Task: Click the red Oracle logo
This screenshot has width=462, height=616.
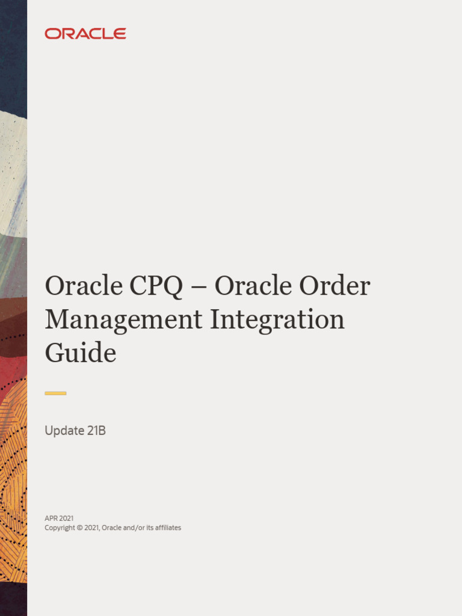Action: pos(85,34)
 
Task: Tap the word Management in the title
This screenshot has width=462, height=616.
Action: pos(123,319)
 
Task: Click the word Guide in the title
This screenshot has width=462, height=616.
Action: pos(80,353)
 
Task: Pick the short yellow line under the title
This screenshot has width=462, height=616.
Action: pos(55,393)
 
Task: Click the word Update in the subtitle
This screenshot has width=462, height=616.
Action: pos(63,431)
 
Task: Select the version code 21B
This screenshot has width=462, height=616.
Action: pos(94,431)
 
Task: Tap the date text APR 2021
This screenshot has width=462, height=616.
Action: pos(59,518)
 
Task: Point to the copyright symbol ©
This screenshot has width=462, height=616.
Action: pos(80,528)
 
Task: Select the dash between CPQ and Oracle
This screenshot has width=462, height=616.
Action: pos(198,287)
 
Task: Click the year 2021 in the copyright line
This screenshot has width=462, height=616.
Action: pos(92,528)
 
